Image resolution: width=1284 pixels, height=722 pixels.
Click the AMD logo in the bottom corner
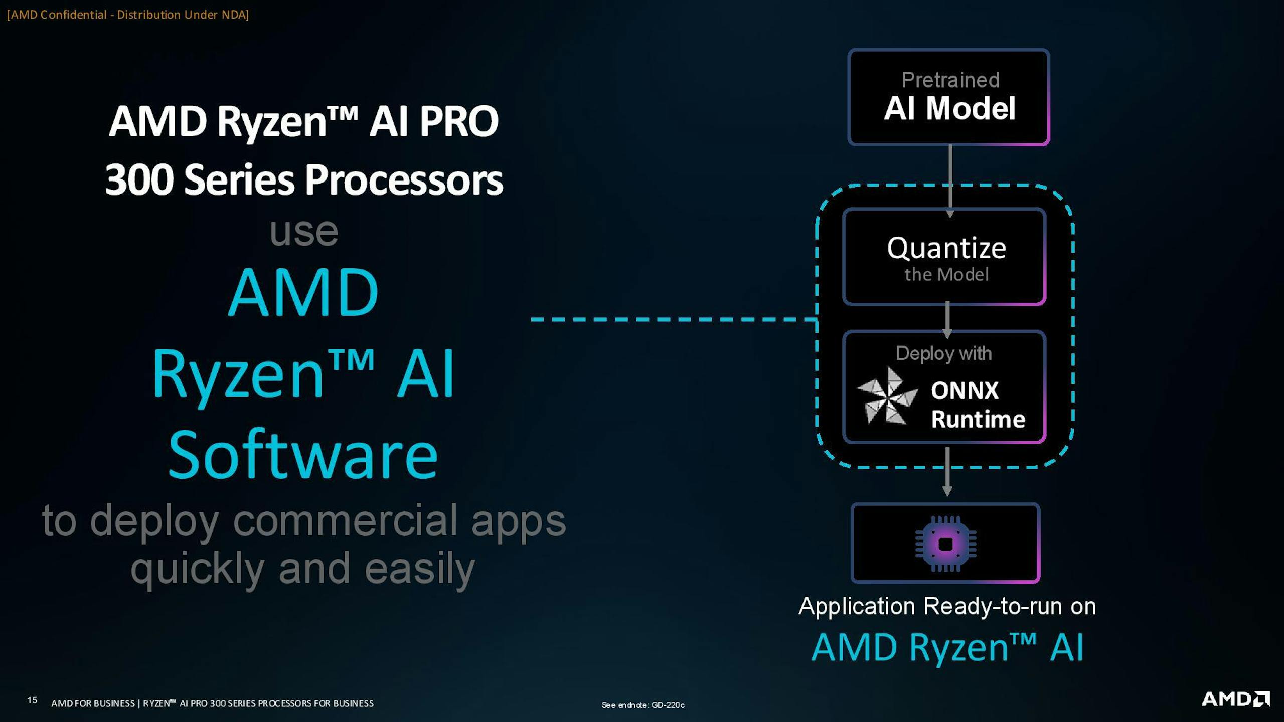[x=1235, y=699]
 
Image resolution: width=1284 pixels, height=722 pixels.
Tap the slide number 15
[x=32, y=700]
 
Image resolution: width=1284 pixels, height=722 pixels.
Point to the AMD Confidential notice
[x=128, y=15]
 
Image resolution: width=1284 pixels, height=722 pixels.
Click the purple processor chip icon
[x=945, y=544]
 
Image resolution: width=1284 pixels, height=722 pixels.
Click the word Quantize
[x=946, y=248]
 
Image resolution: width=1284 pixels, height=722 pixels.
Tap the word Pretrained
[x=950, y=80]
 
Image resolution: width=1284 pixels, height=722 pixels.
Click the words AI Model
[x=949, y=108]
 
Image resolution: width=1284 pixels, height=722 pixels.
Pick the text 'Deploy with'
[x=943, y=354]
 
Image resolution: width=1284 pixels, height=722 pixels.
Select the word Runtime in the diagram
[x=978, y=419]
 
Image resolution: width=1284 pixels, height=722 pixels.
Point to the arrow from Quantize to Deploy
[x=947, y=320]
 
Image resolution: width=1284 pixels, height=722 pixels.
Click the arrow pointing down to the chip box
[x=947, y=472]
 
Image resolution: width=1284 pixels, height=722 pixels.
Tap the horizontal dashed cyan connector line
[x=674, y=319]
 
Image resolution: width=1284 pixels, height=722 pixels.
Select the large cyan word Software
[x=303, y=454]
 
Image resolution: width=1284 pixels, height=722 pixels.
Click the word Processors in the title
[x=404, y=179]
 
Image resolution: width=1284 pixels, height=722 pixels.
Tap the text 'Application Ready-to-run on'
[x=947, y=606]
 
